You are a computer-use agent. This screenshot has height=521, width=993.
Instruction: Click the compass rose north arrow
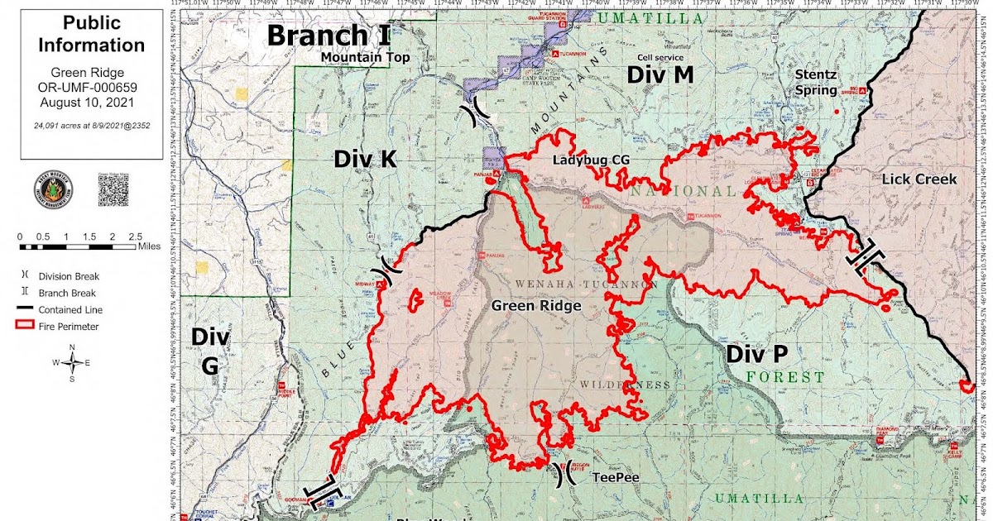[74, 362]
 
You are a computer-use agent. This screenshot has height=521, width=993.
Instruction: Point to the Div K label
[366, 159]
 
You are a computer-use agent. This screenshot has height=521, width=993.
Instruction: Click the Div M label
[660, 75]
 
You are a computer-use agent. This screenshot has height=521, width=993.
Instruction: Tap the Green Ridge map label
[536, 305]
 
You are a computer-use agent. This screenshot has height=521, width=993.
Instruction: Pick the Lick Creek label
[919, 179]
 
